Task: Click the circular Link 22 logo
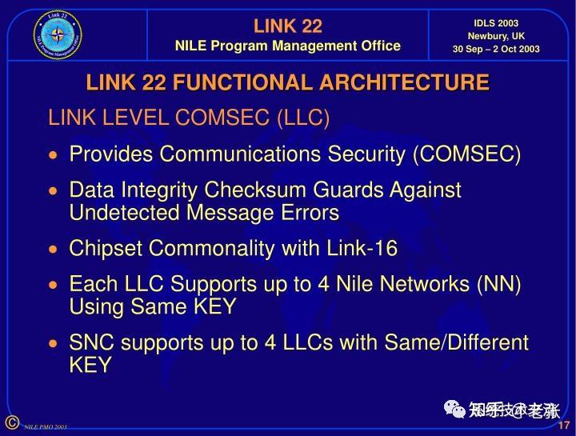[58, 34]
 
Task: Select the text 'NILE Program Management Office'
[287, 46]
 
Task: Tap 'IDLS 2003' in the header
[496, 23]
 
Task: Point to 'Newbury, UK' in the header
[496, 36]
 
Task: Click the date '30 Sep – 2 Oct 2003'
[496, 49]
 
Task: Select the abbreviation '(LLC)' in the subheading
[303, 118]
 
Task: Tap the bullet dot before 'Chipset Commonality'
[54, 250]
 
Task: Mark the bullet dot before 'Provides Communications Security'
[54, 155]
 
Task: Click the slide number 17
[563, 425]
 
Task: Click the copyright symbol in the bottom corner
[11, 422]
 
